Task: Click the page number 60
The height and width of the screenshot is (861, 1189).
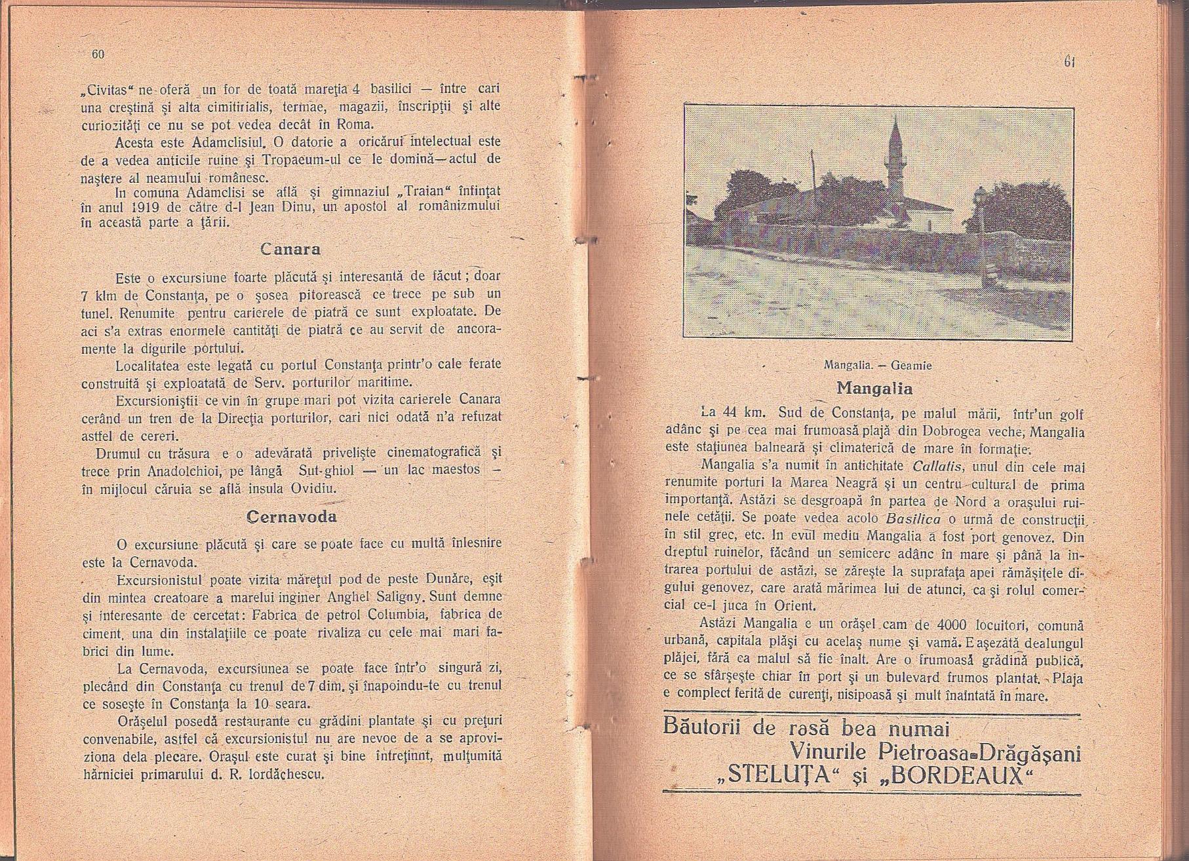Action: point(98,54)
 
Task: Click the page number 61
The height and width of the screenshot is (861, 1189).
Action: point(1068,63)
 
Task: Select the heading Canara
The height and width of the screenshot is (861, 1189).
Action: point(290,250)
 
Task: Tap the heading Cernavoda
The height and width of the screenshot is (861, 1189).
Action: point(291,516)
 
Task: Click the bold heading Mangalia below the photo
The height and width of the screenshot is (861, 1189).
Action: point(874,388)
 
